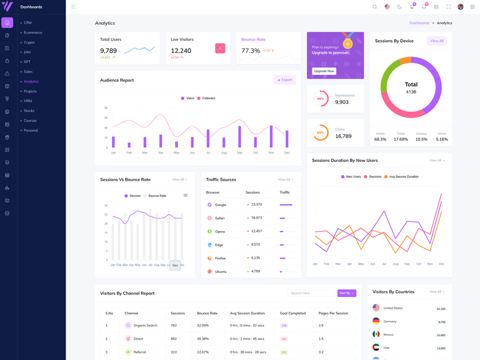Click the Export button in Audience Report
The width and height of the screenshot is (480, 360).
[x=284, y=80]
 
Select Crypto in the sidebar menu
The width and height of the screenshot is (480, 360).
[x=29, y=43]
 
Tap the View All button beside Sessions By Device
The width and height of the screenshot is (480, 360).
[x=437, y=41]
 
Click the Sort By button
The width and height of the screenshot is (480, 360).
[x=346, y=293]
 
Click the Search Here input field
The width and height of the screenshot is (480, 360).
[x=310, y=293]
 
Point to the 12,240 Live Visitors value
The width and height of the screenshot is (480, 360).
[x=181, y=51]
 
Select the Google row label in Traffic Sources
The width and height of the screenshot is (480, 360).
[x=220, y=205]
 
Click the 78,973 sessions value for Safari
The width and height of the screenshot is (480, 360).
[x=256, y=218]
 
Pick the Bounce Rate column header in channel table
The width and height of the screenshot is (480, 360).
[x=207, y=313]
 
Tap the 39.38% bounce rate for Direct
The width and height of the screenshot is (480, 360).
[x=203, y=339]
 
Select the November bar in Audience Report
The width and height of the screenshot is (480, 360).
[x=271, y=137]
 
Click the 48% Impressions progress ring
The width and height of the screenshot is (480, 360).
[x=320, y=98]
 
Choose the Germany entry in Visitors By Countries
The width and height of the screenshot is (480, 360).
[x=390, y=322]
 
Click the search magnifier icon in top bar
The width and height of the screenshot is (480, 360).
[x=375, y=7]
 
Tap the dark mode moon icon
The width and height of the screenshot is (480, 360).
[x=400, y=7]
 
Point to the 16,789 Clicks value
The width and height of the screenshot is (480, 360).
[x=343, y=136]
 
